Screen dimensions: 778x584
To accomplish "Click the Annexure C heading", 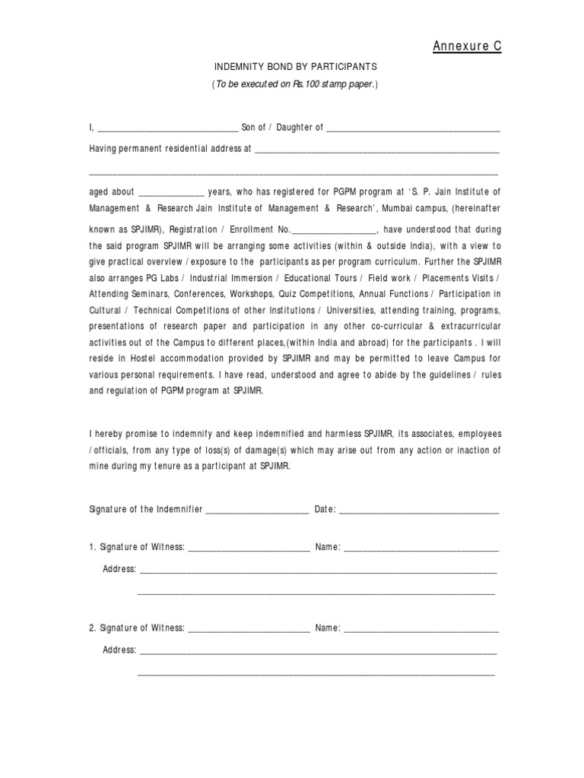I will pyautogui.click(x=467, y=47).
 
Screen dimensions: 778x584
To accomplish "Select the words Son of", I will pyautogui.click(x=253, y=128).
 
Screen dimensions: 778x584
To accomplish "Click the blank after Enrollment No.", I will pyautogui.click(x=334, y=230).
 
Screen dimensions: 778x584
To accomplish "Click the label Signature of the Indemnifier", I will pyautogui.click(x=146, y=509).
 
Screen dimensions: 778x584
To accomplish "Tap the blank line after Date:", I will pyautogui.click(x=419, y=510).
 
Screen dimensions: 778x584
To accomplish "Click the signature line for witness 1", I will pyautogui.click(x=249, y=548).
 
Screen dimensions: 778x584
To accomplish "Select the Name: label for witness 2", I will pyautogui.click(x=328, y=628).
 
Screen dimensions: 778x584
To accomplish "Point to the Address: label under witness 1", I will pyautogui.click(x=119, y=569).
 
